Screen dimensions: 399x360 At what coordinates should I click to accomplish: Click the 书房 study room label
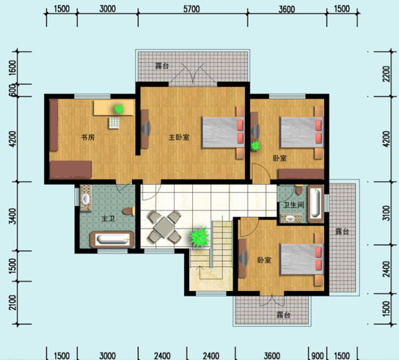click(88, 137)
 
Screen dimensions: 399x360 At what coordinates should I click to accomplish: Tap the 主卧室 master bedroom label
click(179, 137)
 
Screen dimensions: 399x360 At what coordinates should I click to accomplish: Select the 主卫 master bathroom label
click(108, 218)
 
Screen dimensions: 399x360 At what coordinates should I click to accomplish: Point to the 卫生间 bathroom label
click(294, 205)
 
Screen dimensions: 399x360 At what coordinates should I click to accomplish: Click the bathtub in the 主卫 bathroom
click(112, 239)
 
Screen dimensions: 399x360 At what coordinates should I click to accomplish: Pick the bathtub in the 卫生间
click(315, 204)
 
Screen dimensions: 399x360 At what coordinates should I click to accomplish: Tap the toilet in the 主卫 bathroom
click(128, 211)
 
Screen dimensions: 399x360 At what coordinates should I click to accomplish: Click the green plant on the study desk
click(119, 109)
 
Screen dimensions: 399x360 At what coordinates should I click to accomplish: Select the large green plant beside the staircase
click(199, 237)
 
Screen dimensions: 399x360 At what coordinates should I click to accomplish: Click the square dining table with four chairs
click(164, 227)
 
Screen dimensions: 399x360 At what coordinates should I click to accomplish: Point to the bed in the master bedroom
click(223, 132)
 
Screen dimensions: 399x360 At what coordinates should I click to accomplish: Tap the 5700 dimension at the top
click(192, 9)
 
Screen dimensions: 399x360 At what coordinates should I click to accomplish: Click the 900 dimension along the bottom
click(317, 356)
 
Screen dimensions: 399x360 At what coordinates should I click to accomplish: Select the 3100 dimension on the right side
click(386, 213)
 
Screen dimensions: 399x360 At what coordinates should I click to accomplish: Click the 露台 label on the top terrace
click(162, 66)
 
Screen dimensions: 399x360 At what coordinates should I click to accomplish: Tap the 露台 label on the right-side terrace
click(342, 232)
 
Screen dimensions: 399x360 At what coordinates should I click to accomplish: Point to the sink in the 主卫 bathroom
click(86, 199)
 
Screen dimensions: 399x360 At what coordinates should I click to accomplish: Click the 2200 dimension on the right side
click(386, 74)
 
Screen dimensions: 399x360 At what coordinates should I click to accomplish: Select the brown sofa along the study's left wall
click(54, 125)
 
